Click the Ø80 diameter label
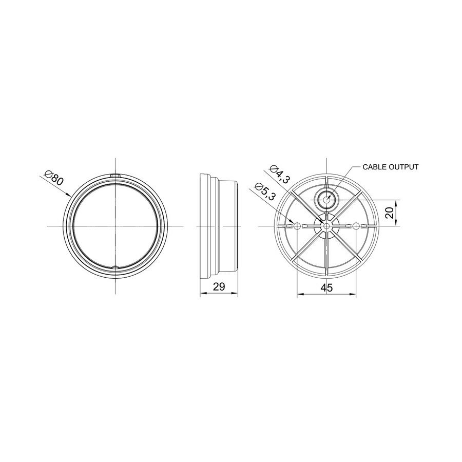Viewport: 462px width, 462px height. point(54,178)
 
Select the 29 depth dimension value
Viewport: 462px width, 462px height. point(219,286)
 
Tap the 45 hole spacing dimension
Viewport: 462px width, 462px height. point(326,287)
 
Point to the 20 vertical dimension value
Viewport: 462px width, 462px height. point(390,213)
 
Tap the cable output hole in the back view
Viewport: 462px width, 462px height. point(326,199)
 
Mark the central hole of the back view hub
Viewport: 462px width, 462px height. point(326,226)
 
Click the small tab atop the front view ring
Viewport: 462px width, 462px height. point(116,176)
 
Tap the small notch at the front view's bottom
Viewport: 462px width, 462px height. point(115,267)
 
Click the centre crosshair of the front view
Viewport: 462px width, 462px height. point(116,226)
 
